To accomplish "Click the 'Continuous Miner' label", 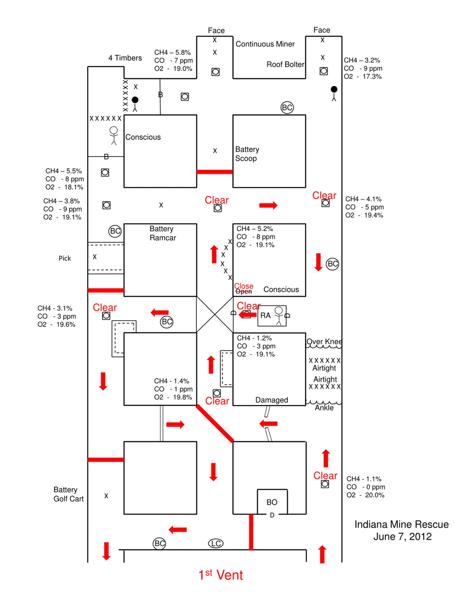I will (x=265, y=44).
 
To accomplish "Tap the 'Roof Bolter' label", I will (x=285, y=64).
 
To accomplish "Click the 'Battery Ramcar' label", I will (x=163, y=233).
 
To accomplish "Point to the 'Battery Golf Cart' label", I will (x=68, y=494).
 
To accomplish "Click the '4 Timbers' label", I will (x=125, y=58).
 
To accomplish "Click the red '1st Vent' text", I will (x=221, y=575).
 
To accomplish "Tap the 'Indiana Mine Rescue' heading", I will (x=402, y=524).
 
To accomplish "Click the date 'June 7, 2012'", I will (x=402, y=536).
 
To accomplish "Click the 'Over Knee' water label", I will (x=324, y=341).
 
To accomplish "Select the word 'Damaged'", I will (x=272, y=400).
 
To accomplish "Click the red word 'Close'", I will (x=243, y=286).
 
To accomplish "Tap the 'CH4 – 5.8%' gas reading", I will (x=172, y=52).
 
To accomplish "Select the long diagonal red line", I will (x=215, y=423).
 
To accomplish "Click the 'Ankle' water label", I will (x=324, y=408).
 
